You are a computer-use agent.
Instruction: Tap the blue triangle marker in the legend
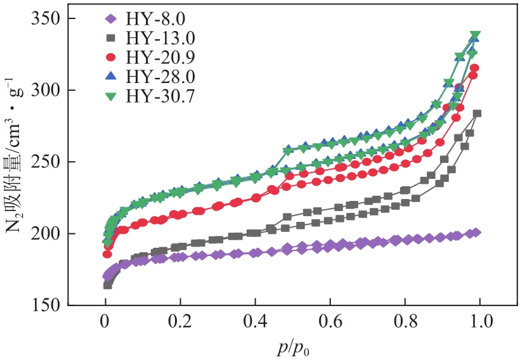pyautogui.click(x=111, y=77)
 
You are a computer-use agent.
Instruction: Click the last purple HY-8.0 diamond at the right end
pyautogui.click(x=476, y=233)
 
